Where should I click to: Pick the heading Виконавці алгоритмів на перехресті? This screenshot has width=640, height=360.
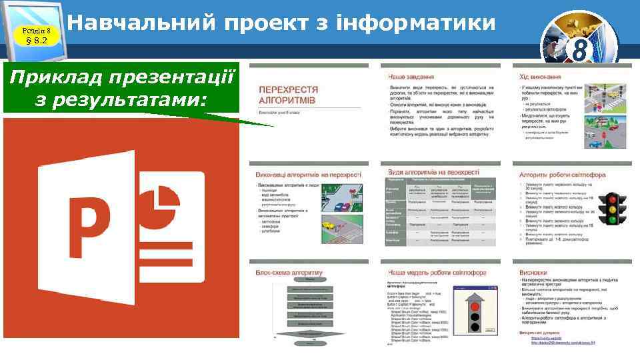coord(307,175)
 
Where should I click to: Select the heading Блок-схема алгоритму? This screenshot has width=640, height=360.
coord(289,273)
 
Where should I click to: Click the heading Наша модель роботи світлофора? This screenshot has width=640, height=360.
coord(437,273)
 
